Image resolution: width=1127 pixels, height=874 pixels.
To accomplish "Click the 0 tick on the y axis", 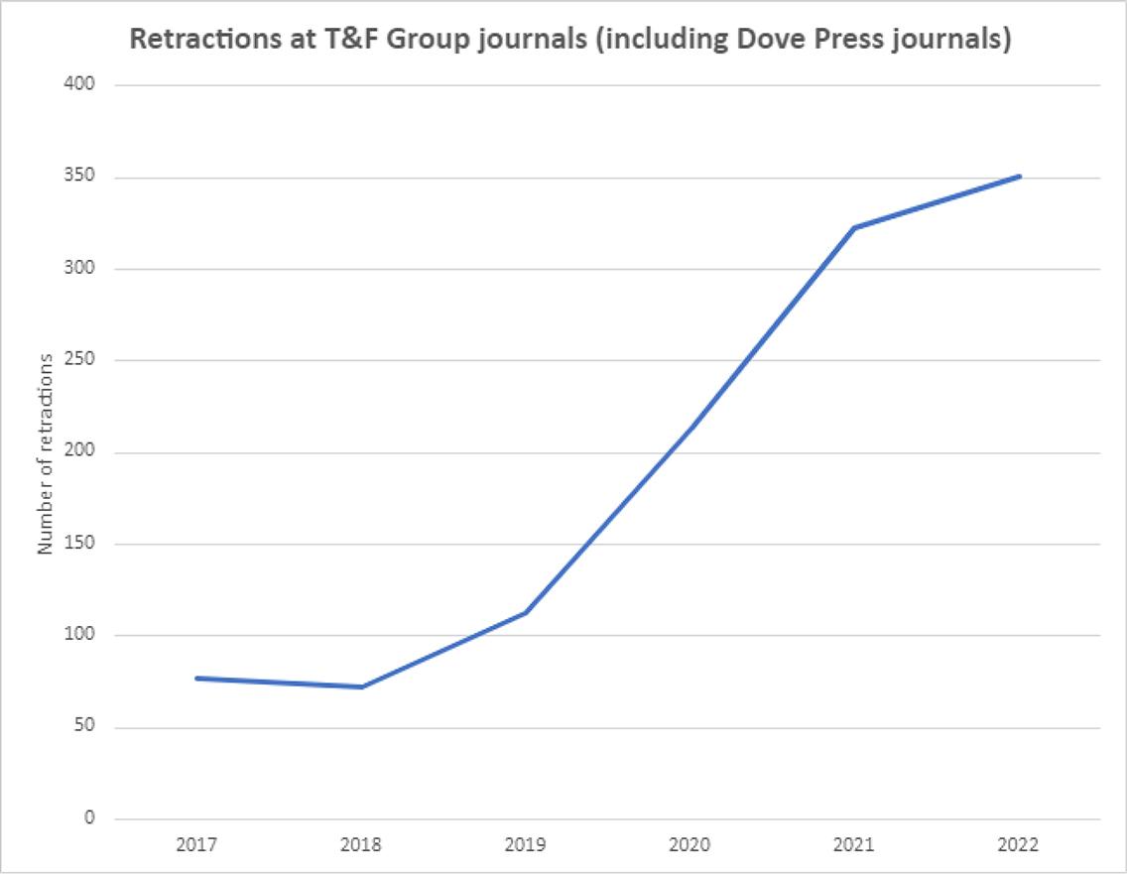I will (x=89, y=819).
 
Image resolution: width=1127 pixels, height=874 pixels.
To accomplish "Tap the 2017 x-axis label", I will (x=196, y=845).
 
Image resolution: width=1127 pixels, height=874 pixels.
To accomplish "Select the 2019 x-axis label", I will (x=525, y=845).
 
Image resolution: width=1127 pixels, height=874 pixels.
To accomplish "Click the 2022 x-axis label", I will (x=1018, y=845).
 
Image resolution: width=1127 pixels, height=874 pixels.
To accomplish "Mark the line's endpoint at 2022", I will (x=1019, y=177).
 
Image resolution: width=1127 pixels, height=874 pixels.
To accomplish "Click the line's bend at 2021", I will (x=854, y=227).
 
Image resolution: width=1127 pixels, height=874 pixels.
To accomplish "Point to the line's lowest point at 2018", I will (x=361, y=687).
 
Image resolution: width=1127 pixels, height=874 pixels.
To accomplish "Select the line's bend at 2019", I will (x=525, y=612).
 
